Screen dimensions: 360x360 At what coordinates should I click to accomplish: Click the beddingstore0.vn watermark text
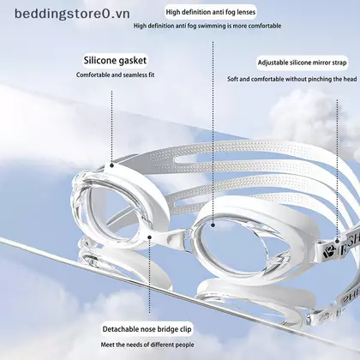pyautogui.click(x=72, y=14)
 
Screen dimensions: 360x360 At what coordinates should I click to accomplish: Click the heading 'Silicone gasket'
pyautogui.click(x=115, y=61)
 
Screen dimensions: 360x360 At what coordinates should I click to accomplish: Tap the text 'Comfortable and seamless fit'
pyautogui.click(x=115, y=75)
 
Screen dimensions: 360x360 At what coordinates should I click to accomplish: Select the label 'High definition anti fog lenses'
pyautogui.click(x=211, y=12)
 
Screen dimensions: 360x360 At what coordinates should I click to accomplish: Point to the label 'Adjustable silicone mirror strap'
pyautogui.click(x=302, y=63)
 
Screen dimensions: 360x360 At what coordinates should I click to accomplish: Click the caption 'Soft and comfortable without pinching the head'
pyautogui.click(x=292, y=79)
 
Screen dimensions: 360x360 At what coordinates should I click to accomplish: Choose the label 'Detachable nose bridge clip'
pyautogui.click(x=147, y=329)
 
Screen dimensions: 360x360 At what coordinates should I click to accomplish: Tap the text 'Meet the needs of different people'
pyautogui.click(x=147, y=345)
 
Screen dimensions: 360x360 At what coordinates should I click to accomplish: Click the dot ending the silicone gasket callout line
pyautogui.click(x=112, y=165)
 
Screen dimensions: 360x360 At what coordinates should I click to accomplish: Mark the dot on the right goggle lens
pyautogui.click(x=213, y=225)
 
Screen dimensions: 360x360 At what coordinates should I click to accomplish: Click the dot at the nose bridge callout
pyautogui.click(x=149, y=237)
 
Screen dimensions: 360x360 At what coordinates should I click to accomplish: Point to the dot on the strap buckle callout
pyautogui.click(x=337, y=241)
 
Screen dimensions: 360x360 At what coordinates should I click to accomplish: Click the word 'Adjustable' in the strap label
pyautogui.click(x=273, y=63)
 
